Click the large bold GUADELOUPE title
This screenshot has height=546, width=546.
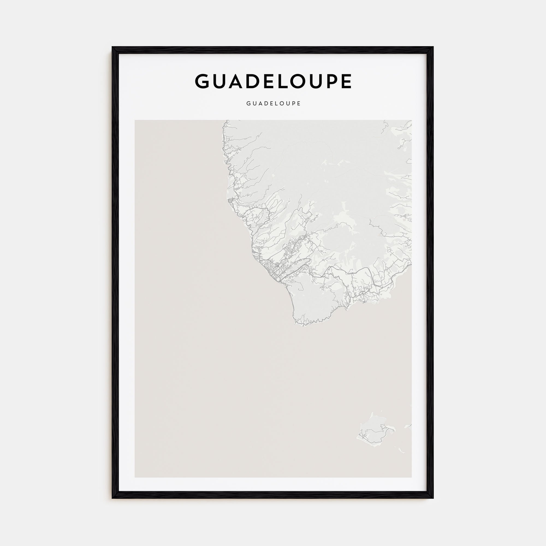(x=273, y=81)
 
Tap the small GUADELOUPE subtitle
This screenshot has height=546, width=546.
(x=273, y=103)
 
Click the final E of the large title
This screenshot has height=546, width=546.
(x=346, y=81)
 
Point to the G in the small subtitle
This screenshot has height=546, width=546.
(x=248, y=103)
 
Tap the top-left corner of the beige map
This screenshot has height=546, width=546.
(x=135, y=120)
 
